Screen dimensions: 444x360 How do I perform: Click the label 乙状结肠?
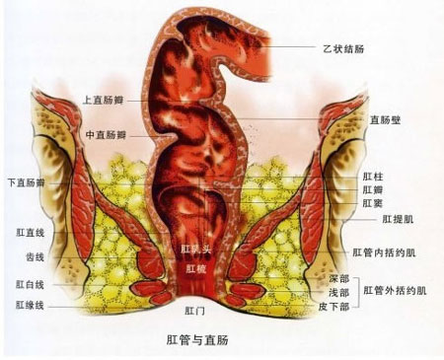(x=342, y=46)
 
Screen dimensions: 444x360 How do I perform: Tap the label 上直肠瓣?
(x=106, y=100)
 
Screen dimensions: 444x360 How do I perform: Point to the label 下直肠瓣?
(x=29, y=182)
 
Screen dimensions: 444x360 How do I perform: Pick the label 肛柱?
(x=373, y=176)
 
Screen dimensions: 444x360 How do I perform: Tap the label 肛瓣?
(x=373, y=188)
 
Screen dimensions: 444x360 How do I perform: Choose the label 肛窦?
(x=373, y=202)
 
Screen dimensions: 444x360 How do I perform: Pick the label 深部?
(x=339, y=279)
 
